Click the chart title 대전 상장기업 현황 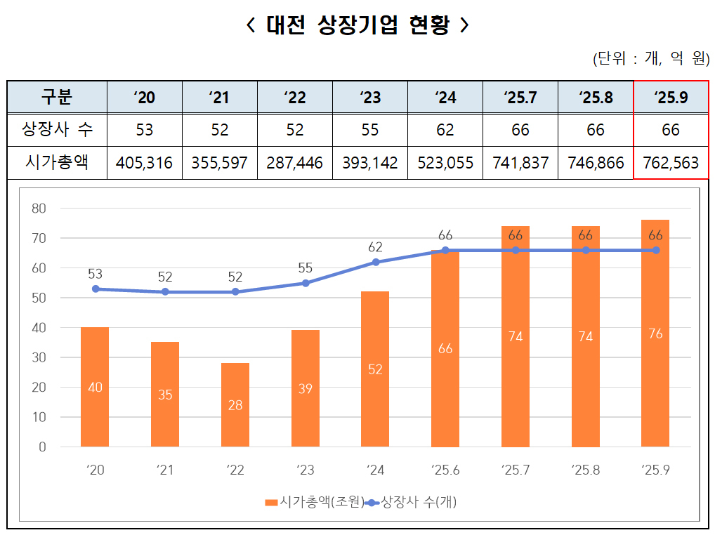point(357,26)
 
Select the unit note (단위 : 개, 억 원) point(650,59)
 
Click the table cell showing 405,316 point(144,163)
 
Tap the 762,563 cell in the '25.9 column point(670,163)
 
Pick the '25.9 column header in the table point(670,97)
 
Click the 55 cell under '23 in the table point(369,130)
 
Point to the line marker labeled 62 point(375,262)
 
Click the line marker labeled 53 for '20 point(95,289)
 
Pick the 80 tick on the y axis point(39,209)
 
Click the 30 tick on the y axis point(39,357)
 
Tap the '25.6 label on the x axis point(445,470)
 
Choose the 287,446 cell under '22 point(294,163)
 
